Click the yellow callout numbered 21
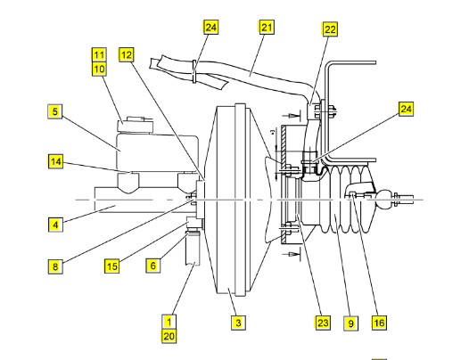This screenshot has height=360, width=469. (x=267, y=28)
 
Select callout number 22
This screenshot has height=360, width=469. (x=330, y=29)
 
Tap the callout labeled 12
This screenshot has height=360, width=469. (x=127, y=54)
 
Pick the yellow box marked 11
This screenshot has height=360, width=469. (x=99, y=54)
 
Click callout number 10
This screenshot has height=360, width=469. (x=99, y=70)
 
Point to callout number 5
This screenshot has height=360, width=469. (x=55, y=111)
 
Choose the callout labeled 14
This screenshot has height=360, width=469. (x=55, y=161)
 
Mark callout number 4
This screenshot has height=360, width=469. (x=55, y=225)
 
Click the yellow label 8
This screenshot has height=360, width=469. (x=55, y=266)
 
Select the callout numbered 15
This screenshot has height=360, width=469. (x=111, y=266)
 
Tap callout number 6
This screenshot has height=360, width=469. (x=153, y=266)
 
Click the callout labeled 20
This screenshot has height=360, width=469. (x=169, y=336)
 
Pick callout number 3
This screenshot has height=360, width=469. (x=238, y=323)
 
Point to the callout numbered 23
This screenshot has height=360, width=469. (x=323, y=323)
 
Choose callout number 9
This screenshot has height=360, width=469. (x=350, y=323)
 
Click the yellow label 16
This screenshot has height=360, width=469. (x=379, y=323)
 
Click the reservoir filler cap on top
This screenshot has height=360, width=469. (x=136, y=125)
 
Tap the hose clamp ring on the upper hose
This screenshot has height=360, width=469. (x=194, y=71)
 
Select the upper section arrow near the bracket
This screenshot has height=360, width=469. (x=294, y=116)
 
